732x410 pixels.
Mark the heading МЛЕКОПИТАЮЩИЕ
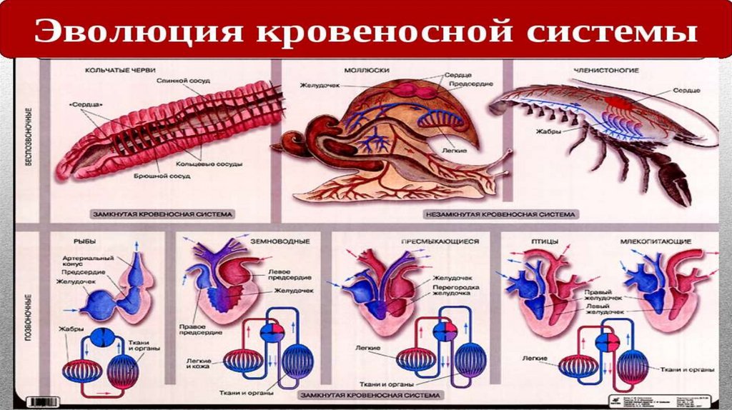pos(658,241)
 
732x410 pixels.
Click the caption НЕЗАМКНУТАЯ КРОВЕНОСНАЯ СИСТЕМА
pos(501,214)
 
